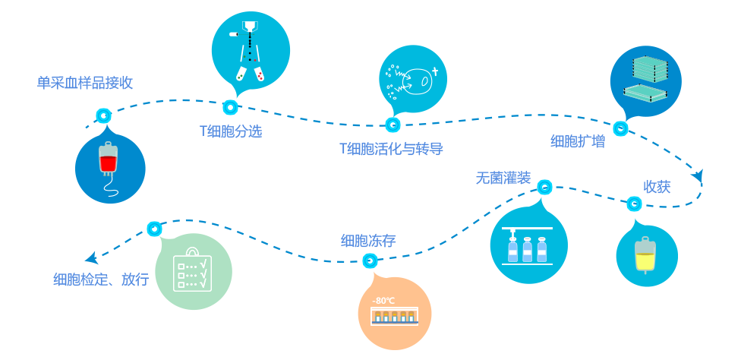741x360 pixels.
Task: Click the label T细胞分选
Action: click(x=231, y=131)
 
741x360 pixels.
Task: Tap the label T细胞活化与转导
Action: click(x=390, y=149)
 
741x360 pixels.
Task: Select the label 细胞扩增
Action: click(x=577, y=141)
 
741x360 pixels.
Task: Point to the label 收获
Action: click(x=657, y=187)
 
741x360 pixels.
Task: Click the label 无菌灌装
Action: click(x=503, y=178)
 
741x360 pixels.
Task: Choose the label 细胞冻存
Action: click(x=368, y=242)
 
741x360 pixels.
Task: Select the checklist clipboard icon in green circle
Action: click(x=194, y=271)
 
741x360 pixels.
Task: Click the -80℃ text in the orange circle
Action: click(x=383, y=300)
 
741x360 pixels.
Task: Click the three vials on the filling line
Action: click(x=527, y=249)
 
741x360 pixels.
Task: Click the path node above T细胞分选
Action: click(x=230, y=107)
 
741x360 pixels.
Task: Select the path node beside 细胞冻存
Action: click(x=370, y=261)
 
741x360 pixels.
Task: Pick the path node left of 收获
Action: click(x=634, y=204)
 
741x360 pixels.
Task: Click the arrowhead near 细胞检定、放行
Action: click(x=92, y=257)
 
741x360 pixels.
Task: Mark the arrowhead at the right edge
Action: click(x=698, y=177)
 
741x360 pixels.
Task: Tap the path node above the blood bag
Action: click(x=104, y=116)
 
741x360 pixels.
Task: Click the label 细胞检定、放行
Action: click(x=101, y=279)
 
